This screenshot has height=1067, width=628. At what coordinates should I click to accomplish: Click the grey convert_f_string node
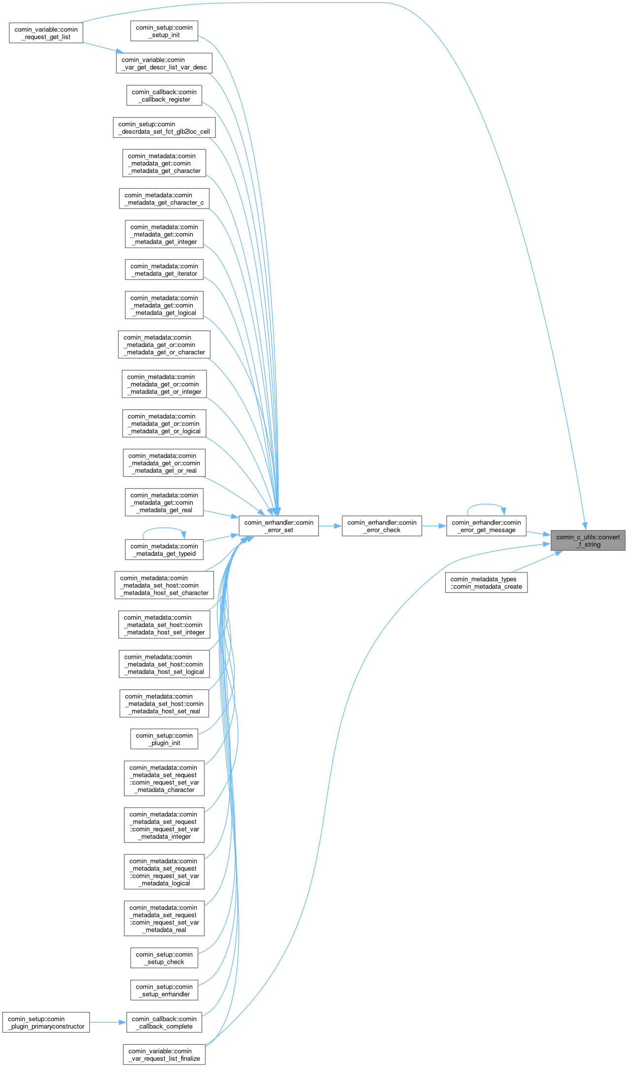point(588,540)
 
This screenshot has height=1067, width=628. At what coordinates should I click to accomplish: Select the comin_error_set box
point(279,526)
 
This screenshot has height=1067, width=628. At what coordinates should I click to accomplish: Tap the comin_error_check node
point(382,526)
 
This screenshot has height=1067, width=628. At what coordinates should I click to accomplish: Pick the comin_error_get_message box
point(486,526)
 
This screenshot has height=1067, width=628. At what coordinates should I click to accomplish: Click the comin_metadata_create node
point(486,583)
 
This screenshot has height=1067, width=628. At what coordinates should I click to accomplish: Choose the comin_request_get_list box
point(46,33)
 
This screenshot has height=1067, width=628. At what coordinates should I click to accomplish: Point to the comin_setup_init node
point(164,31)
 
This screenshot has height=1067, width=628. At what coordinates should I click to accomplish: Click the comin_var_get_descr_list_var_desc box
point(164,63)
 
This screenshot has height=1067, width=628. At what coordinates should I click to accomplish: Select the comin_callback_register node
point(164,96)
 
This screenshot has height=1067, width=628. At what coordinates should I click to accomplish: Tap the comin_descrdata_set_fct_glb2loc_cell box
point(164,128)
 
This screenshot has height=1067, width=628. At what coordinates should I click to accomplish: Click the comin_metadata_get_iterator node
point(164,270)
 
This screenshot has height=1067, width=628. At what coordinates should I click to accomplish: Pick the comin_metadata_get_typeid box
point(164,550)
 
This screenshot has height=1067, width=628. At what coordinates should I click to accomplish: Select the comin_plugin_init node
point(164,739)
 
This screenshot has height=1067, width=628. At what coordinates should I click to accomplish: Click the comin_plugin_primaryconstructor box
point(46,1023)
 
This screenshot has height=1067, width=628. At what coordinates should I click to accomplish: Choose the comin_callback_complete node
point(164,1023)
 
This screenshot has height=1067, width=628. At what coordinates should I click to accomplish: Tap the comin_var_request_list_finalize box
point(164,1055)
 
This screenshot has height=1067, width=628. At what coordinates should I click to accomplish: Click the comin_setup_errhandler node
point(164,990)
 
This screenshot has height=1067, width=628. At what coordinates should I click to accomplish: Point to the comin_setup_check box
point(164,958)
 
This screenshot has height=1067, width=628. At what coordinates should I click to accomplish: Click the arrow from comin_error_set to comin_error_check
point(330,526)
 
